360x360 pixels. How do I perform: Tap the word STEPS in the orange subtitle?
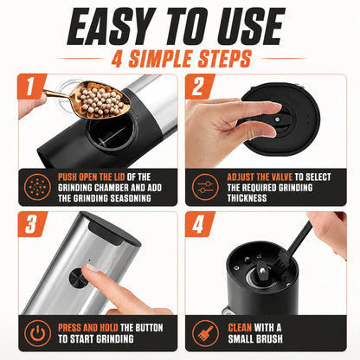click(221, 59)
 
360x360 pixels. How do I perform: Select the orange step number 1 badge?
click(31, 87)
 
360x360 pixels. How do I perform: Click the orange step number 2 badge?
click(199, 87)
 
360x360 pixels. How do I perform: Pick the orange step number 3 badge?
click(32, 224)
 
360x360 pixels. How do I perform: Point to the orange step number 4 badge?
click(199, 224)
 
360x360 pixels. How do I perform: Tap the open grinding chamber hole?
click(112, 132)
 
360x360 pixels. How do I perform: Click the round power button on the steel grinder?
click(77, 278)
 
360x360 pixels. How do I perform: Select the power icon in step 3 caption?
click(38, 333)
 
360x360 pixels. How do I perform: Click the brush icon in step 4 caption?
click(205, 333)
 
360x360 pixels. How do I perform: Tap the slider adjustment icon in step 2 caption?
click(205, 187)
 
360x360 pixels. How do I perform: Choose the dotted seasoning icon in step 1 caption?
click(38, 187)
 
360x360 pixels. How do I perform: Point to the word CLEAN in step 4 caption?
click(240, 328)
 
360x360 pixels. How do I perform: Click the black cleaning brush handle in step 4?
click(300, 240)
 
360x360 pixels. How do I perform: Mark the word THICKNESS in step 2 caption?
click(247, 198)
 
